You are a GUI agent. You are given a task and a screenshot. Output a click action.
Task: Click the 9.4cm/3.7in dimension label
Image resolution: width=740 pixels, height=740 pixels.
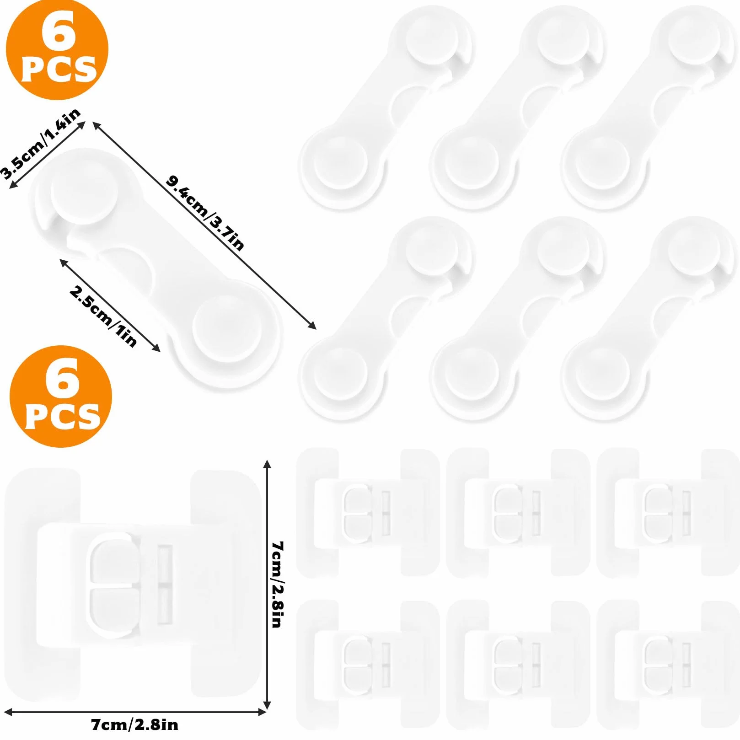(x=205, y=213)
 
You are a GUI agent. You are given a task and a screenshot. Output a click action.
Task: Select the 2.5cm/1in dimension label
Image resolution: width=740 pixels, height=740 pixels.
(x=103, y=316)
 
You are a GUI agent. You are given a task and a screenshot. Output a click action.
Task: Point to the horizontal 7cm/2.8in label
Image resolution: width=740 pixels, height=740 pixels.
(x=134, y=725)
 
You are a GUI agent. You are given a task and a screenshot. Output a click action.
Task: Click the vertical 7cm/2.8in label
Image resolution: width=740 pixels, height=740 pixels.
(x=278, y=584)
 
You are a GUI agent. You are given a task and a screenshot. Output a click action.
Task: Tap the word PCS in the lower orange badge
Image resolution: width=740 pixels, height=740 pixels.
(x=63, y=416)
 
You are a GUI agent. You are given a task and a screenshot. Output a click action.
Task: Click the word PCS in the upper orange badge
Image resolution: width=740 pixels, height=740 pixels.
(x=59, y=69)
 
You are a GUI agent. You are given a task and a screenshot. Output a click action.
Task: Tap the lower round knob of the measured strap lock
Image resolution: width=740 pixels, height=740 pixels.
(x=227, y=328)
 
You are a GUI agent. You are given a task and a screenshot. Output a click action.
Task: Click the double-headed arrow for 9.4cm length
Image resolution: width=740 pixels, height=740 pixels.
(x=204, y=225)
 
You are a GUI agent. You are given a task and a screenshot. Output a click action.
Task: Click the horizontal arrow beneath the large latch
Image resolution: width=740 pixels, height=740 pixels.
(x=135, y=712)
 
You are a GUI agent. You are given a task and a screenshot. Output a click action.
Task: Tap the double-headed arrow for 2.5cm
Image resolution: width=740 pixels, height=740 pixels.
(x=110, y=306)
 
